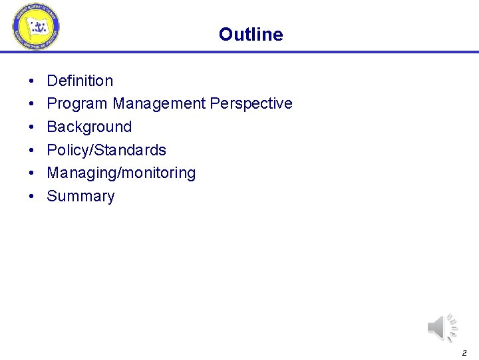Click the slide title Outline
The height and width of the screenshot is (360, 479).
(x=250, y=35)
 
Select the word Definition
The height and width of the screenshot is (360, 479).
(x=80, y=81)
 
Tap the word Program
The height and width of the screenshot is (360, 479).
(x=77, y=104)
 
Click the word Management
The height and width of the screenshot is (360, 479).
(x=159, y=104)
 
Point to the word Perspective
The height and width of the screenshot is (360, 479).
(x=251, y=104)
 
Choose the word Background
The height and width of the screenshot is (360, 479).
(x=89, y=127)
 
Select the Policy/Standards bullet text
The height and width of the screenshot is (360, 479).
(x=106, y=150)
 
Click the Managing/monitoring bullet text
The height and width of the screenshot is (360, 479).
(x=121, y=173)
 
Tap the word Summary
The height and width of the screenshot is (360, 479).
(x=80, y=196)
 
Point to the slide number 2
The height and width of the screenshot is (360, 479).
(x=464, y=352)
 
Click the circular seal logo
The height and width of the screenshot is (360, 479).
(x=36, y=27)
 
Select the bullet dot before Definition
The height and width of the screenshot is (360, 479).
(x=32, y=81)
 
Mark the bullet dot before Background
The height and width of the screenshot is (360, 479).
(x=32, y=127)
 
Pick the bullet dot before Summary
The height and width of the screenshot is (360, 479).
(x=32, y=197)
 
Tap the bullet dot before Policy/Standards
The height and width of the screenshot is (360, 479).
(x=32, y=151)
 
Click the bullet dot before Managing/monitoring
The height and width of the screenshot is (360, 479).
(x=32, y=173)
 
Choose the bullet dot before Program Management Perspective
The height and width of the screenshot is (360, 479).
(x=32, y=104)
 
